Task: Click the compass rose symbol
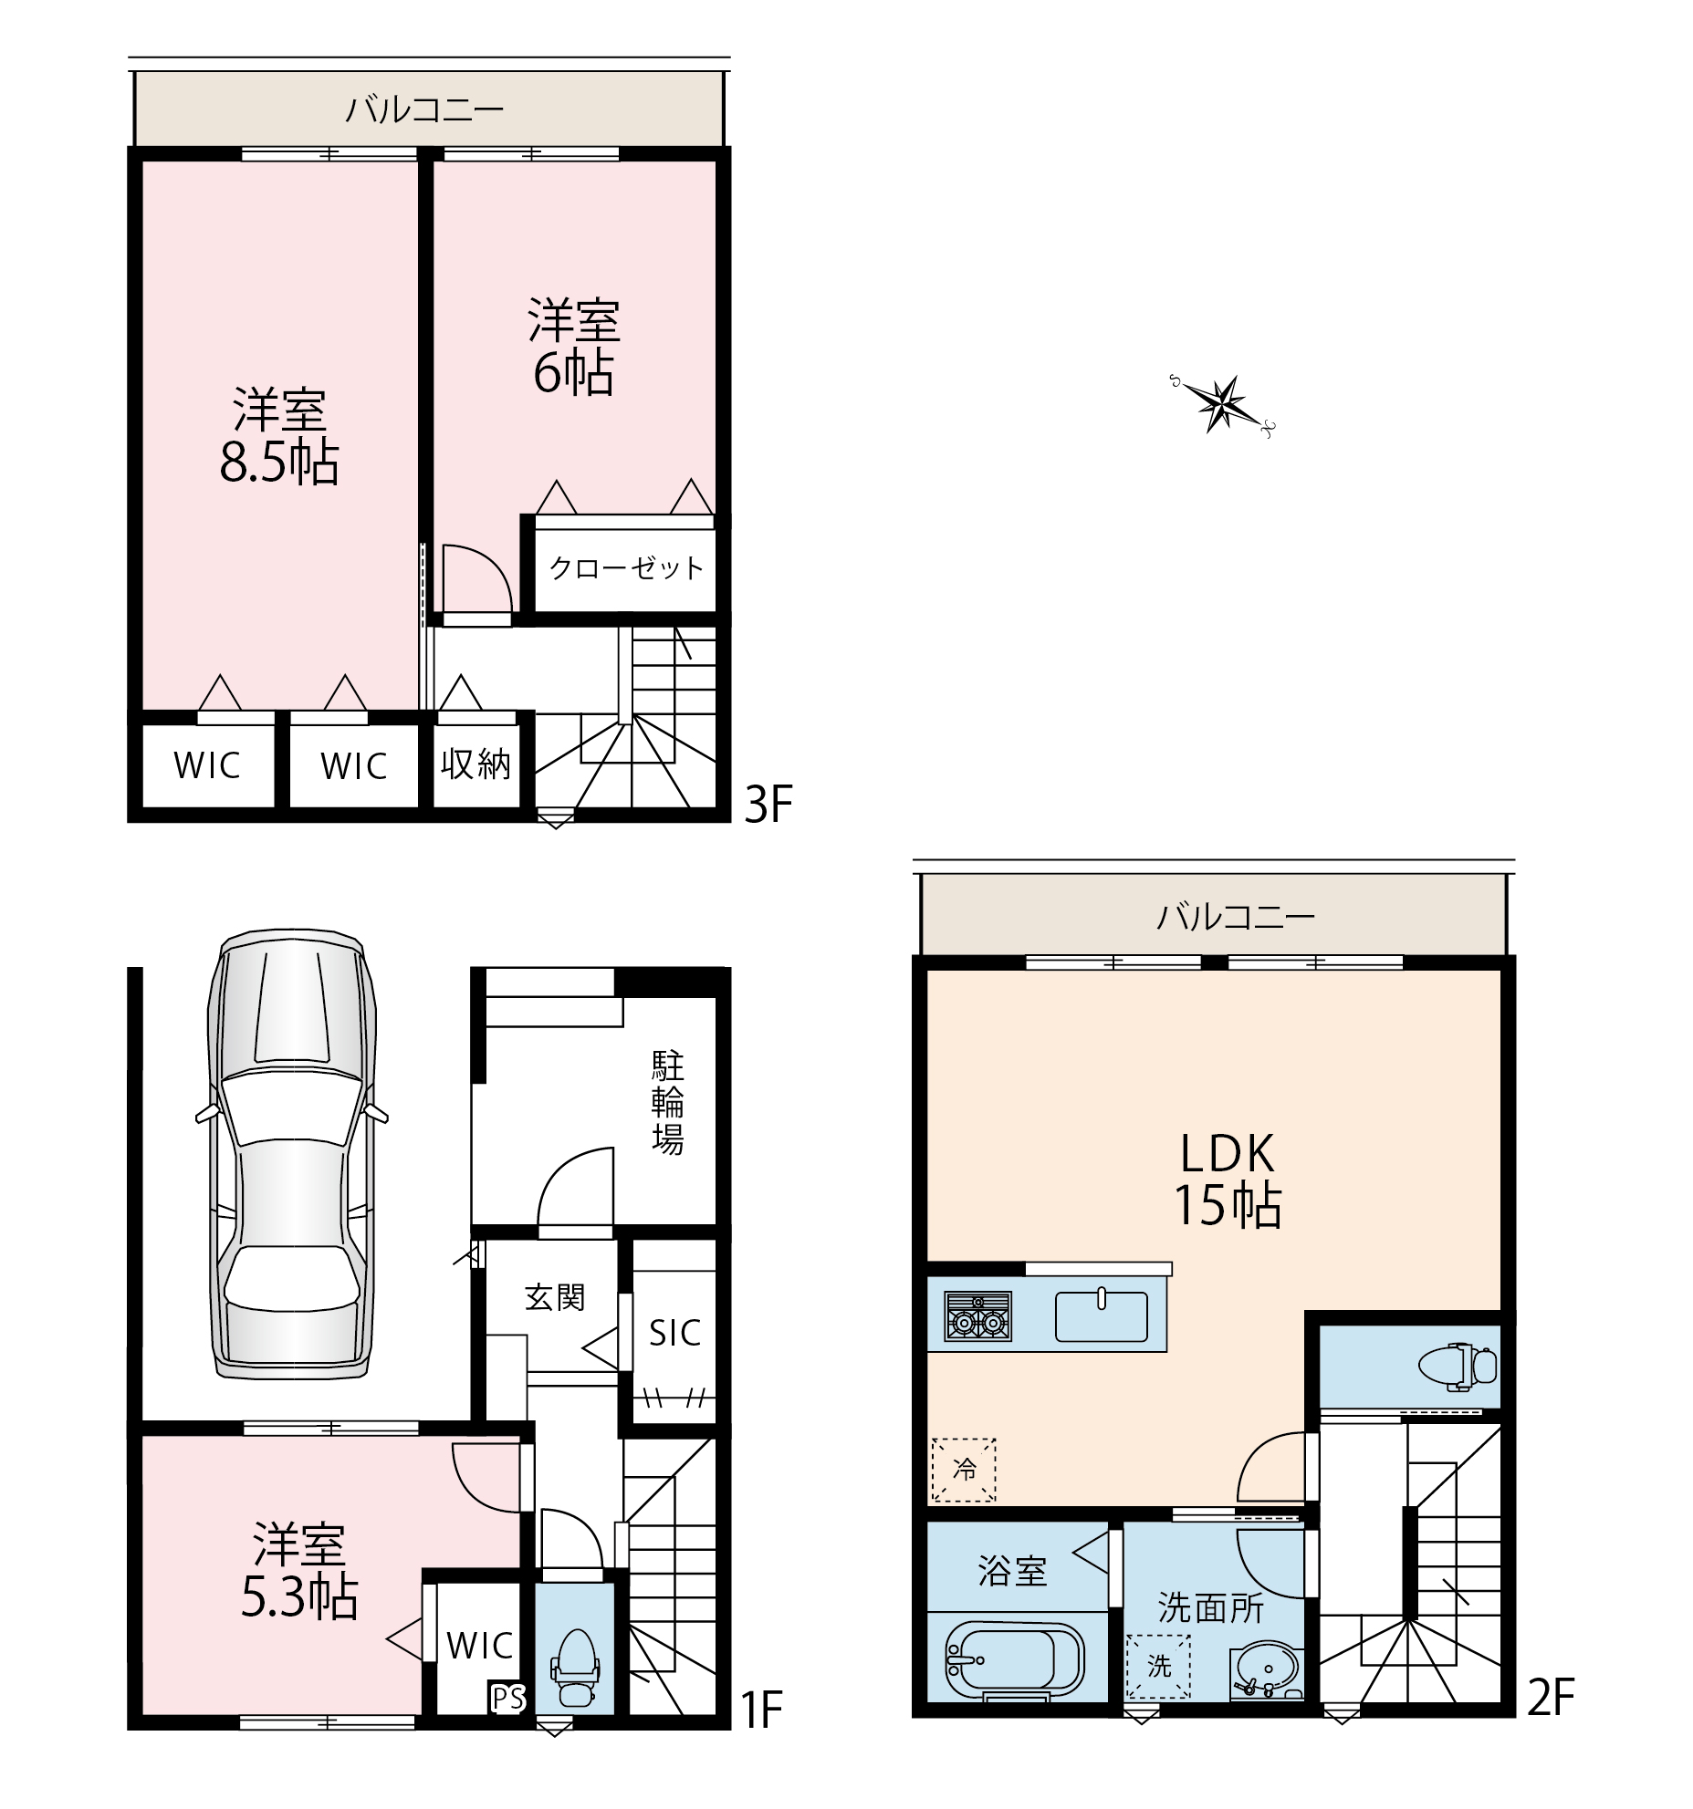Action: [1221, 403]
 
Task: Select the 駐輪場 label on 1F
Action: [668, 1103]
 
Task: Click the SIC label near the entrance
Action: [675, 1333]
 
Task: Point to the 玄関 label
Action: [555, 1297]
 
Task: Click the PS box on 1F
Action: [508, 1698]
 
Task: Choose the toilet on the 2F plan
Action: [1458, 1367]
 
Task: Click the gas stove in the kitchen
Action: [978, 1316]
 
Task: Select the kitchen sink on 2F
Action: [1102, 1315]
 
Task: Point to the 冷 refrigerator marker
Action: [964, 1470]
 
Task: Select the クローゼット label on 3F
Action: [627, 568]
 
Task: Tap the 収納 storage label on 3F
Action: [476, 764]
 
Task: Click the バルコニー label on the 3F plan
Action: [424, 109]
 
